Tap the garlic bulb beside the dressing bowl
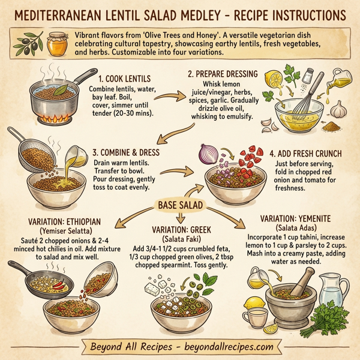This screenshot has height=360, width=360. click(x=339, y=110)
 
